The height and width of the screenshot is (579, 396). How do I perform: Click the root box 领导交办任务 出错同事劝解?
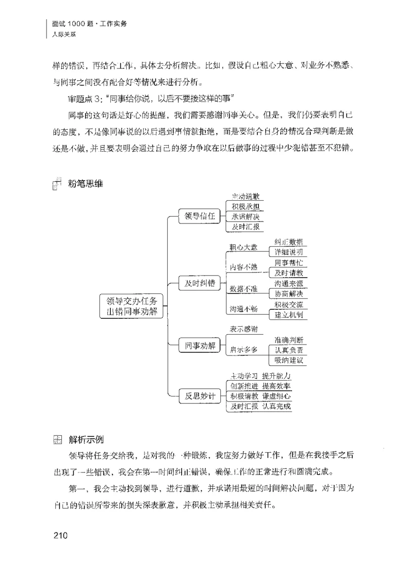pyautogui.click(x=132, y=307)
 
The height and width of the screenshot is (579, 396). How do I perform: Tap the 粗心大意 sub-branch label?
pyautogui.click(x=244, y=247)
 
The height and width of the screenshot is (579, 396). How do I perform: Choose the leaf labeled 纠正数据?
pyautogui.click(x=289, y=242)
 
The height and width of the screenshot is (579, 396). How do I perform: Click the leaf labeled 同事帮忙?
pyautogui.click(x=289, y=263)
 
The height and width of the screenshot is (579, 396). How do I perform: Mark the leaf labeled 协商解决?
pyautogui.click(x=289, y=293)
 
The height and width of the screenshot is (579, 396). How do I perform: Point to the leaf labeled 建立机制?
pyautogui.click(x=289, y=314)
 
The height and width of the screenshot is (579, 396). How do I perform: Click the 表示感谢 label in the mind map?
pyautogui.click(x=244, y=329)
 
